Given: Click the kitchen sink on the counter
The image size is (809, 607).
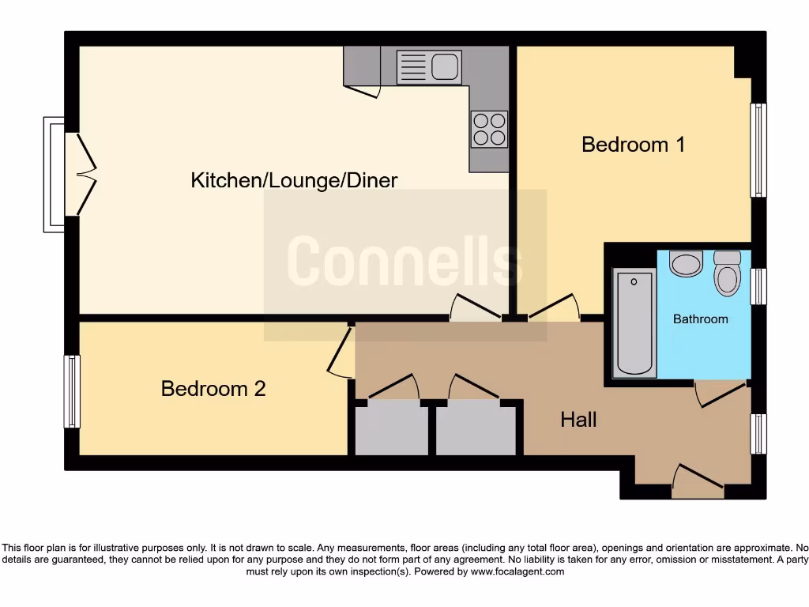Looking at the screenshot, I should (x=429, y=66).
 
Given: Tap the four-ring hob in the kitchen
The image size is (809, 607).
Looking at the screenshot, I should (x=489, y=130).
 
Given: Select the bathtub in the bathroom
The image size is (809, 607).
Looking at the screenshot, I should (x=634, y=323).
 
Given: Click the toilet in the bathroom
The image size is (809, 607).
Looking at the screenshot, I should (x=726, y=273).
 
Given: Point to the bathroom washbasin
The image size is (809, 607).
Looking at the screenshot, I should (x=686, y=263).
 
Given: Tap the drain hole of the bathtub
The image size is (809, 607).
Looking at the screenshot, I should (x=634, y=281).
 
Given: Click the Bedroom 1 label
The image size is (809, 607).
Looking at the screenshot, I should (x=633, y=145).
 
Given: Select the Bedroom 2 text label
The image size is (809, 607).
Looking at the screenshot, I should (x=213, y=389).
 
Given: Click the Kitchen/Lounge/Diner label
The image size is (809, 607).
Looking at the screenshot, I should (x=294, y=180).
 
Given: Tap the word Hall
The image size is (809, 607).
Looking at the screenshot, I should (x=578, y=420).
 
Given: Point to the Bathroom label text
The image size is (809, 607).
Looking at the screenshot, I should (x=700, y=319).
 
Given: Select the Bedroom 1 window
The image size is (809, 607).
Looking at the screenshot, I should (x=758, y=150).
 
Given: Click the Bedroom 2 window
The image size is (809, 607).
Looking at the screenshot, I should (x=72, y=391).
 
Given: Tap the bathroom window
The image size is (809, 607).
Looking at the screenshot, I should (x=758, y=286).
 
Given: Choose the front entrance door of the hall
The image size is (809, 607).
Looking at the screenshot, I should (x=698, y=482).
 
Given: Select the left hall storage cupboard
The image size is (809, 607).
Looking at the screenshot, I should (x=391, y=428).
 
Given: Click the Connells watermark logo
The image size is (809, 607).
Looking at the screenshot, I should (x=404, y=261).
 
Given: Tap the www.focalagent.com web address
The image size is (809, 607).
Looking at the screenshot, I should (x=517, y=571).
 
